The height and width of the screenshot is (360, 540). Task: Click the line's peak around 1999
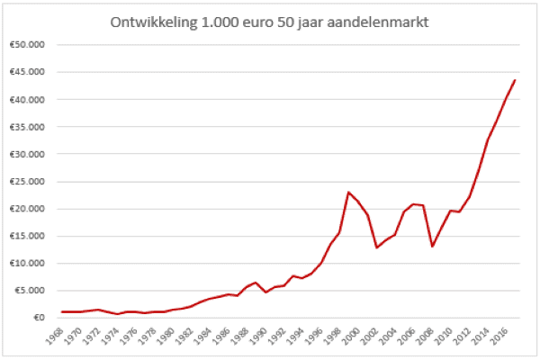coord(348,192)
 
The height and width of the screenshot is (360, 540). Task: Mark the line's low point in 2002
coord(377,247)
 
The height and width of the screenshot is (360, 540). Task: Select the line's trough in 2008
coord(433,246)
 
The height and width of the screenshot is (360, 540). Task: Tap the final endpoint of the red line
coord(515,80)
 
